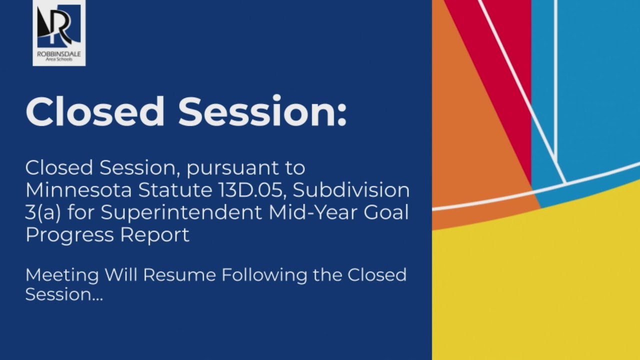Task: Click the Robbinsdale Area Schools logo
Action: pos(59,32)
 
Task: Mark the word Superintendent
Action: pos(181,213)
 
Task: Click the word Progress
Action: pos(64,234)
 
